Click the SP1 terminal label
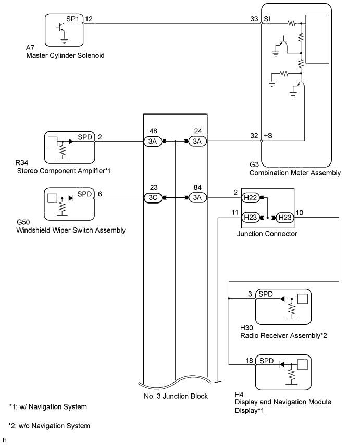click(72, 19)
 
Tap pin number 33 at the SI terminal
click(254, 19)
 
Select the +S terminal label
click(268, 136)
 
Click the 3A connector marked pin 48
click(153, 142)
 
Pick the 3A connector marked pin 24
click(197, 142)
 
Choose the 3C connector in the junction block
click(153, 198)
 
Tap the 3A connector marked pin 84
click(197, 198)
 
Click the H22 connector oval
click(250, 198)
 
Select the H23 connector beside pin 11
click(250, 218)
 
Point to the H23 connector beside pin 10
click(285, 218)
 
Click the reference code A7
click(30, 48)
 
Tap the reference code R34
click(22, 162)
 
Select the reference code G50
click(23, 222)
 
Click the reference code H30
click(246, 328)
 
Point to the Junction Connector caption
click(267, 234)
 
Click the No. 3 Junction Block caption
click(176, 396)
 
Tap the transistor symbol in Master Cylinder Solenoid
click(61, 27)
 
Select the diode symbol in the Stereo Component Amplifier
click(71, 142)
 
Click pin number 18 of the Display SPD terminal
click(249, 361)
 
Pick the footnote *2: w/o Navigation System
click(49, 426)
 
